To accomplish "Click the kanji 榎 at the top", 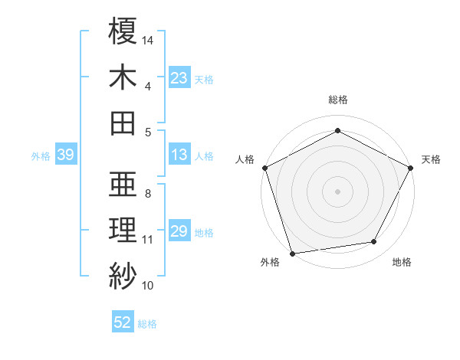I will tap(123, 31).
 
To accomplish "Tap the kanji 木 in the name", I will tap(123, 77).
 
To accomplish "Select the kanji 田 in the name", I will tap(123, 122).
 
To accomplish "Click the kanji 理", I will tap(123, 229).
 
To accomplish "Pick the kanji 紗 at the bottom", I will tap(123, 274).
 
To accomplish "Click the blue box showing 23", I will tap(179, 77).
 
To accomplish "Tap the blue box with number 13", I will tap(179, 155).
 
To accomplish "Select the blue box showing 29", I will tap(179, 231).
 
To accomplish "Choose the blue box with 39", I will tap(65, 155).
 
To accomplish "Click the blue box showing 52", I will tap(123, 322).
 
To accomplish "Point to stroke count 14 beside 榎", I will tap(148, 39).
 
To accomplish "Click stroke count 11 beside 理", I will tap(148, 239).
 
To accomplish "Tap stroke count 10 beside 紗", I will tap(148, 286).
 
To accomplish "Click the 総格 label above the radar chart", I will tap(338, 100).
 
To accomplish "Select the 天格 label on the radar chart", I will tap(432, 159).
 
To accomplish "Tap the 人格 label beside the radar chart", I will tap(245, 159).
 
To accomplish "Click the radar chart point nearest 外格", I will tap(292, 254).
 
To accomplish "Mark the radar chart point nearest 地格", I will tap(374, 242).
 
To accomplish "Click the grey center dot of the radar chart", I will tap(338, 191).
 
